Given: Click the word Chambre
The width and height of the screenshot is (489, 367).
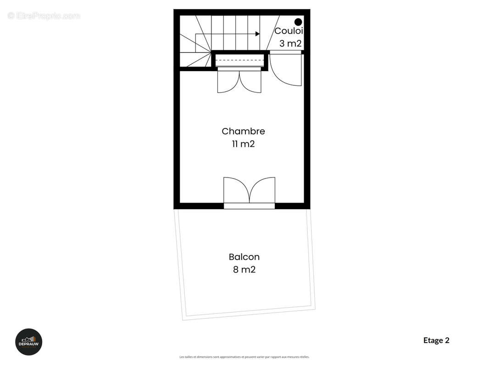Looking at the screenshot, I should tap(243, 131).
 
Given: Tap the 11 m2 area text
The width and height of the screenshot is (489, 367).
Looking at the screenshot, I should tap(243, 144).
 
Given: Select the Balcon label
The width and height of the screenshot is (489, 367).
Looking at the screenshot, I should tap(244, 257).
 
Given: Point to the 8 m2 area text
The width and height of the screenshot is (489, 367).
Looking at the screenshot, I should tap(244, 270).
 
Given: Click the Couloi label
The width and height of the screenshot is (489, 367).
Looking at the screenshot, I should tap(289, 31).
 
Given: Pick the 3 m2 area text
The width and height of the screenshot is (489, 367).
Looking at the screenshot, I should tap(290, 44).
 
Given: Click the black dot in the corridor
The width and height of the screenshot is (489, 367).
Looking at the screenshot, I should tap(298, 22).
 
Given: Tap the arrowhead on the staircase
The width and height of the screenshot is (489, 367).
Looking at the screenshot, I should tap(258, 34).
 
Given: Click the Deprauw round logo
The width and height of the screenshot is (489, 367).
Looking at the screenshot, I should tap(29, 342).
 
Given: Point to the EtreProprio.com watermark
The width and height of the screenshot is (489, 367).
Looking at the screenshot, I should tap(44, 16).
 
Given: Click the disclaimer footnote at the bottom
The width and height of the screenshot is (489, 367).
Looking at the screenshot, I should tap(244, 357).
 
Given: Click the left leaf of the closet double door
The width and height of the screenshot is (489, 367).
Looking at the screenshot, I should tap(228, 82).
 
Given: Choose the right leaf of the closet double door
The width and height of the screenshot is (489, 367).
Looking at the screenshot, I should tap(251, 82).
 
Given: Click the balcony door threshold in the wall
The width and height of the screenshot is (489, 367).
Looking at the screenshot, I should tap(249, 206).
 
